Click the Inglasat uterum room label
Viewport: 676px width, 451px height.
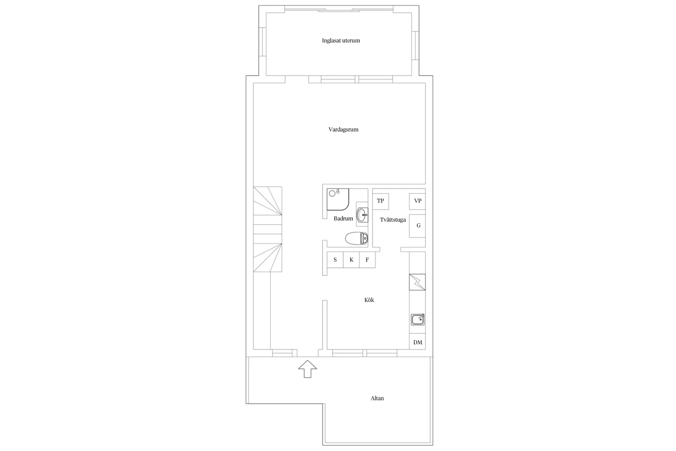pos(341,41)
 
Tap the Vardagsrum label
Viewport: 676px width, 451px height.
pos(343,130)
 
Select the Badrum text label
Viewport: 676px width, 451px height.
pos(343,219)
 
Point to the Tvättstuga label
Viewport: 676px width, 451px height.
pos(392,220)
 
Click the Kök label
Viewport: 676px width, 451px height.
pos(369,300)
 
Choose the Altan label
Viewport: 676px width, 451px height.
pos(377,398)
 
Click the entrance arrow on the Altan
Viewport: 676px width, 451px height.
pos(308,369)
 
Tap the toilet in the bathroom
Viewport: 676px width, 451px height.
pos(357,238)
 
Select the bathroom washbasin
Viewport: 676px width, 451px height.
pos(362,215)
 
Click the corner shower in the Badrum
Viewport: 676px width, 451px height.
pos(338,199)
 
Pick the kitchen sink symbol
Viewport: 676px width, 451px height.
pos(417,320)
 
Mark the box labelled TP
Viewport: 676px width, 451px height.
pos(381,201)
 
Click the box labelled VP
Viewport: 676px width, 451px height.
pos(417,201)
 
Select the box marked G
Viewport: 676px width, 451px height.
pos(417,225)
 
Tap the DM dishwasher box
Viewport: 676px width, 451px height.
pos(417,342)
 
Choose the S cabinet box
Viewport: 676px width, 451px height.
pos(335,260)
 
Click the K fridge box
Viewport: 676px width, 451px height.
pos(351,260)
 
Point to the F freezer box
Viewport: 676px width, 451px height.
pos(367,260)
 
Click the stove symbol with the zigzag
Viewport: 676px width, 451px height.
pos(417,282)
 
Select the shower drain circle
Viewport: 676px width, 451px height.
pos(332,194)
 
